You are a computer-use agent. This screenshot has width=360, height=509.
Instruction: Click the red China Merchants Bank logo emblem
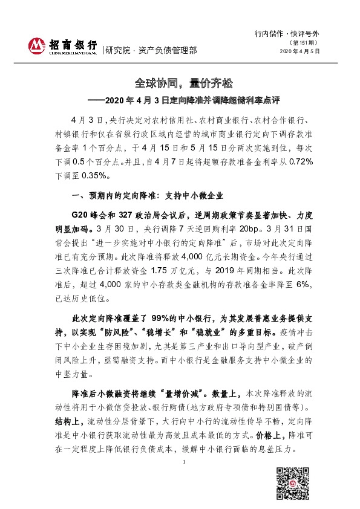point(38,46)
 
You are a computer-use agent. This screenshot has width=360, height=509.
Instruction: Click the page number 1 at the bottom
point(183,461)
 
